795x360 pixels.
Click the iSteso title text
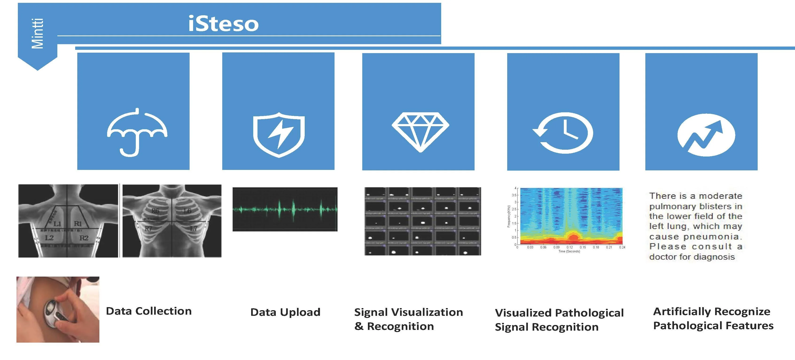(223, 24)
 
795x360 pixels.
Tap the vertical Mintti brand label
(38, 33)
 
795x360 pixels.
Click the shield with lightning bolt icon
(279, 135)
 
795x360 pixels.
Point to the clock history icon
(563, 133)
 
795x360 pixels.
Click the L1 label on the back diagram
(57, 223)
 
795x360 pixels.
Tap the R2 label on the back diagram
(84, 238)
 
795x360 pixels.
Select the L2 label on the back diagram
(49, 238)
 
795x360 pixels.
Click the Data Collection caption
(149, 311)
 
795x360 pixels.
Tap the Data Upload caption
(285, 312)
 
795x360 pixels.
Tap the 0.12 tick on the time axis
(570, 247)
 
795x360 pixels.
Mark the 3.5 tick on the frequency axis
(514, 195)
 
